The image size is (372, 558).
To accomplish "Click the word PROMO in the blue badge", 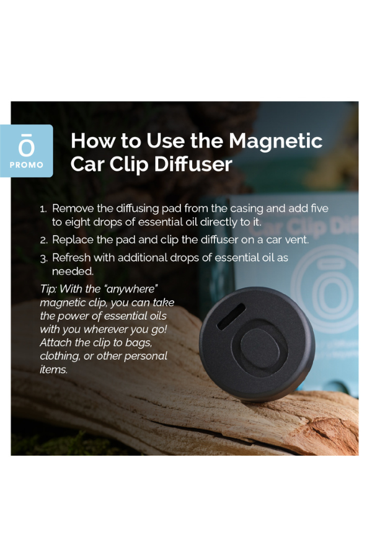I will tap(27, 165).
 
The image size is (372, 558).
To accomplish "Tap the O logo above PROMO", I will tap(27, 146).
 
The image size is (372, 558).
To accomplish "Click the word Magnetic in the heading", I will tap(275, 141).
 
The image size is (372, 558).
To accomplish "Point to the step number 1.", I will tap(43, 210).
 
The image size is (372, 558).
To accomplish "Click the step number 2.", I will tap(43, 240).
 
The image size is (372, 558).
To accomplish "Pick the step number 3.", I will tap(43, 258).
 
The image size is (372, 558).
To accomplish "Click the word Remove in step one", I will tap(74, 209).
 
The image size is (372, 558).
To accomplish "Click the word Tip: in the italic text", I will tap(49, 289).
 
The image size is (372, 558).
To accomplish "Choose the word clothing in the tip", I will tap(60, 356).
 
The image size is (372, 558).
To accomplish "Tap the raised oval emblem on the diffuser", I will tap(264, 343).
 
